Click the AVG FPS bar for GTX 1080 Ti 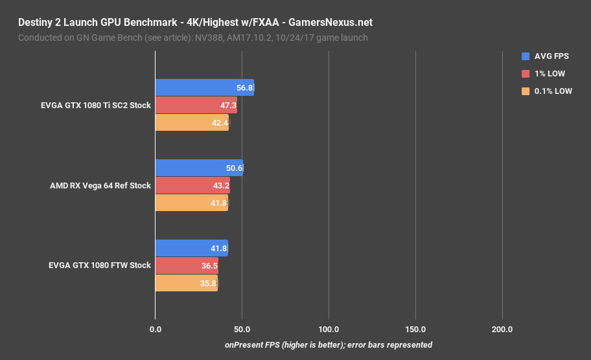[x=204, y=87]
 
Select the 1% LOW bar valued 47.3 [x=196, y=105]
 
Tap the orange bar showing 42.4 [x=192, y=122]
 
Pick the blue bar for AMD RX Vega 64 [x=199, y=168]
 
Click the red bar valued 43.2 [x=192, y=185]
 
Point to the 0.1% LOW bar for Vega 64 [x=191, y=203]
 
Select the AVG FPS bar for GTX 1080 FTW [x=191, y=248]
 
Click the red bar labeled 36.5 [x=187, y=265]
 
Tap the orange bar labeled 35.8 [x=186, y=283]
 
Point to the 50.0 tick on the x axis [x=242, y=330]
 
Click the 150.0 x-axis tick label [x=415, y=330]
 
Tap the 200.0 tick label [x=502, y=330]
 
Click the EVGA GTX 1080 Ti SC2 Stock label [x=95, y=105]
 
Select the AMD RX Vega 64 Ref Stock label [x=100, y=185]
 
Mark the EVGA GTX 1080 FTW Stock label [x=100, y=265]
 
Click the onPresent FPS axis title [x=329, y=344]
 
